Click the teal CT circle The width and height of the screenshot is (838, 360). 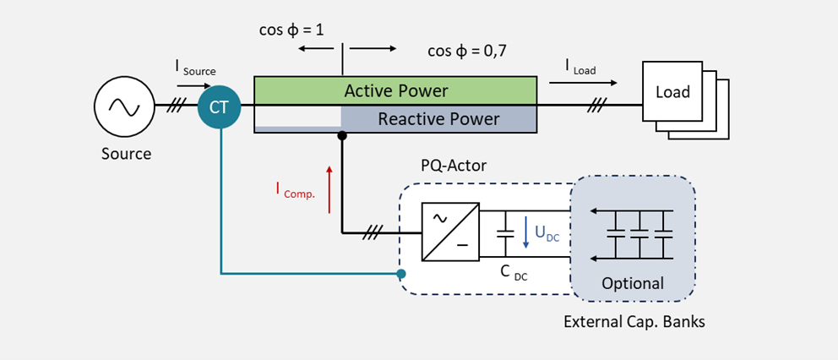pos(220,106)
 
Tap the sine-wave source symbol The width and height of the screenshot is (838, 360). pos(122,106)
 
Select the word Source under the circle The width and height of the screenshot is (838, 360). pos(126,154)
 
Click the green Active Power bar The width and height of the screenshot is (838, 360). pos(395,90)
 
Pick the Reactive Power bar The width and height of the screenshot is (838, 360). pos(438,119)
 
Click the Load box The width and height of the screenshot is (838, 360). pos(672,91)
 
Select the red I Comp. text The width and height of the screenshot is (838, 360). pos(295,190)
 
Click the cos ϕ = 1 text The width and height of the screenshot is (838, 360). pos(291,30)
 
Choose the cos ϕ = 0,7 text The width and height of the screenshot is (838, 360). pos(467,51)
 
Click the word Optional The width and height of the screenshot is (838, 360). pos(633,283)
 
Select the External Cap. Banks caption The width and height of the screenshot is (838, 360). pos(634,322)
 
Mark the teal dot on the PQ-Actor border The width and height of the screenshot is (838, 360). pos(401,274)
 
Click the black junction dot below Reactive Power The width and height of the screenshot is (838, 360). pos(342,135)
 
